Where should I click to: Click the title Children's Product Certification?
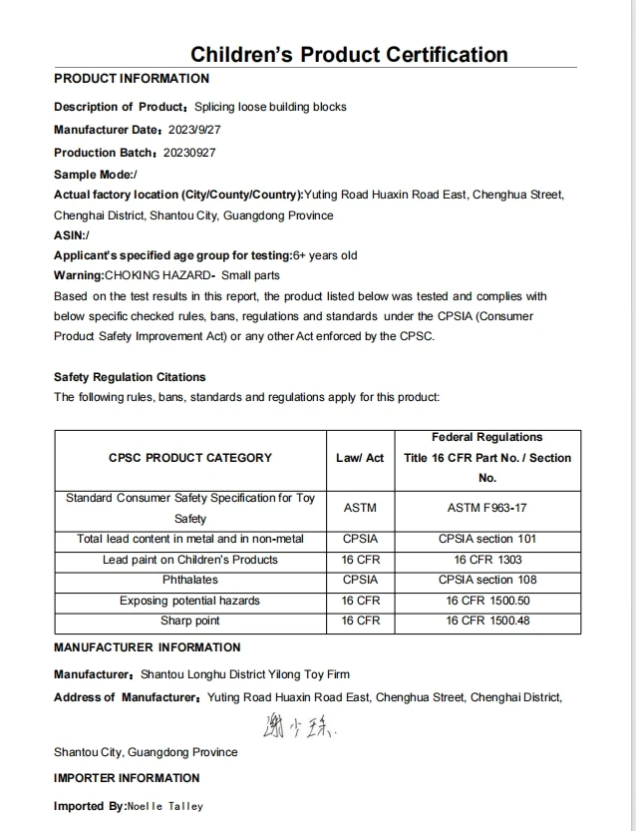pyautogui.click(x=349, y=55)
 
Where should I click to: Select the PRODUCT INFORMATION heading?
pyautogui.click(x=132, y=79)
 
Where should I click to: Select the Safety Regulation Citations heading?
pyautogui.click(x=130, y=377)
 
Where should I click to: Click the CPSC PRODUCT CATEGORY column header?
pyautogui.click(x=189, y=458)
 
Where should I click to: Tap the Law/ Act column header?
pyautogui.click(x=360, y=458)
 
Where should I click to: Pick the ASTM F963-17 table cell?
pyautogui.click(x=487, y=508)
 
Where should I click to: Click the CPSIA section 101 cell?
pyautogui.click(x=487, y=539)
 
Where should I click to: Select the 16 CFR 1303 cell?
pyautogui.click(x=487, y=560)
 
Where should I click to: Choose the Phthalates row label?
pyautogui.click(x=189, y=580)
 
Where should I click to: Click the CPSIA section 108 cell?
pyautogui.click(x=487, y=580)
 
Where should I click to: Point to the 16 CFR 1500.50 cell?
pyautogui.click(x=487, y=601)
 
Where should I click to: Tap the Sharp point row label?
pyautogui.click(x=189, y=621)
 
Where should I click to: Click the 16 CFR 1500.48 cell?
pyautogui.click(x=487, y=621)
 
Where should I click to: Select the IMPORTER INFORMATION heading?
pyautogui.click(x=127, y=778)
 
